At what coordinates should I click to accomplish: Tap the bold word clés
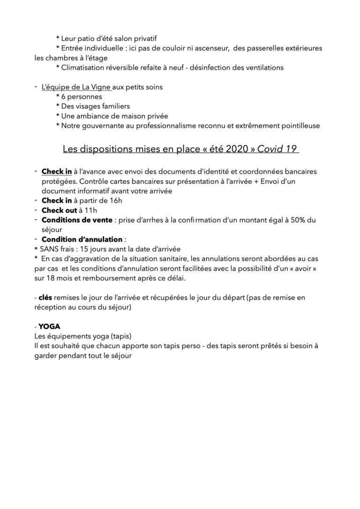(45, 297)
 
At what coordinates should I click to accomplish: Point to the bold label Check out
(59, 210)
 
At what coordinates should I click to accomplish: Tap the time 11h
(90, 210)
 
